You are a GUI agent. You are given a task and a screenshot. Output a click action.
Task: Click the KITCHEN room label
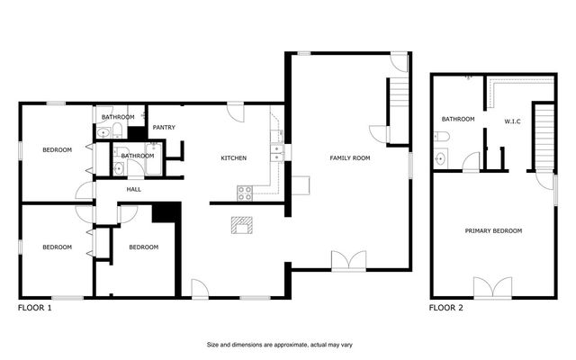(x=234, y=158)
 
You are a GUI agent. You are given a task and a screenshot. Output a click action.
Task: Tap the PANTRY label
(x=163, y=127)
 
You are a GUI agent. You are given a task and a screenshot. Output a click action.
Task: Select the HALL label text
(x=133, y=189)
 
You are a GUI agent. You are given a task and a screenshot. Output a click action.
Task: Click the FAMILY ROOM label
(x=349, y=158)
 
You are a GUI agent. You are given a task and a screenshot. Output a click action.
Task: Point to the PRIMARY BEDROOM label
(x=493, y=231)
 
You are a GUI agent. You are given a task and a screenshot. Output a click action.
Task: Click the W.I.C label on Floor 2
(x=514, y=120)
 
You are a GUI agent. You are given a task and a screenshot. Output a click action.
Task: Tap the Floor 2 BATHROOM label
(x=457, y=119)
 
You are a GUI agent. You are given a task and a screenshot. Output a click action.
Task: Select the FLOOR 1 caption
(x=35, y=308)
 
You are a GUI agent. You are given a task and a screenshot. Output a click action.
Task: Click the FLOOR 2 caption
(x=446, y=308)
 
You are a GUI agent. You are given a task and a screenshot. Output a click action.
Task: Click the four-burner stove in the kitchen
(x=244, y=192)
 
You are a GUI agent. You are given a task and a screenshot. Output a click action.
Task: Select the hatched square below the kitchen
(x=241, y=224)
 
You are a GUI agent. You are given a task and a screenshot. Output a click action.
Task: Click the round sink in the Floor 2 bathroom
(x=439, y=159)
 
